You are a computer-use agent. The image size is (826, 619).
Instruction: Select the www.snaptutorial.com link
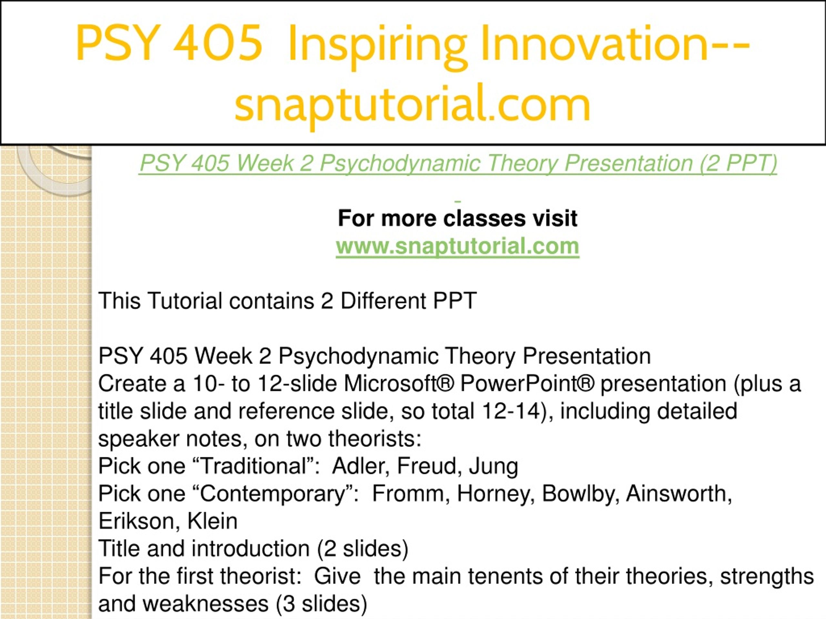[x=458, y=246]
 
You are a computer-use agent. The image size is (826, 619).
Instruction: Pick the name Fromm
[x=411, y=494]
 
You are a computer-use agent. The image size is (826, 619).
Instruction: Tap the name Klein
[x=212, y=521]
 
